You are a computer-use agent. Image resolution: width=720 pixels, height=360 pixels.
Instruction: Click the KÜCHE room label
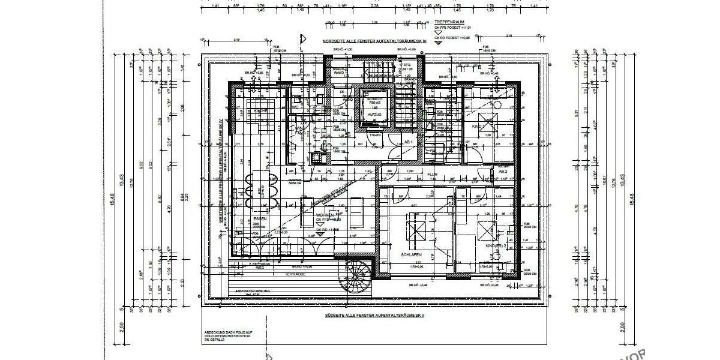[x=260, y=111]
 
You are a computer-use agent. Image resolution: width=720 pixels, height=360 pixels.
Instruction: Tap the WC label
[x=296, y=107]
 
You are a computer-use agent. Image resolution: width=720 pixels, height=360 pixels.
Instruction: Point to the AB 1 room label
[x=409, y=142]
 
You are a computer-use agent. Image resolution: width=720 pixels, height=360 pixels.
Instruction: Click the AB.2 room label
[x=502, y=171]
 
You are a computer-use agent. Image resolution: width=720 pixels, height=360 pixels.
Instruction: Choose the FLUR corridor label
[x=432, y=175]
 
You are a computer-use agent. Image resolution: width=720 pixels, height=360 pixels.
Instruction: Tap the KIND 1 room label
[x=478, y=127]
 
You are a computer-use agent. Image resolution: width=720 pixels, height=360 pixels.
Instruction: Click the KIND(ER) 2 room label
[x=496, y=246]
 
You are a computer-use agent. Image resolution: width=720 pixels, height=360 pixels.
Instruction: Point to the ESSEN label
[x=259, y=218]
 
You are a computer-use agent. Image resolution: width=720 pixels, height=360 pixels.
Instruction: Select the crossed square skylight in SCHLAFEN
[x=413, y=229]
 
